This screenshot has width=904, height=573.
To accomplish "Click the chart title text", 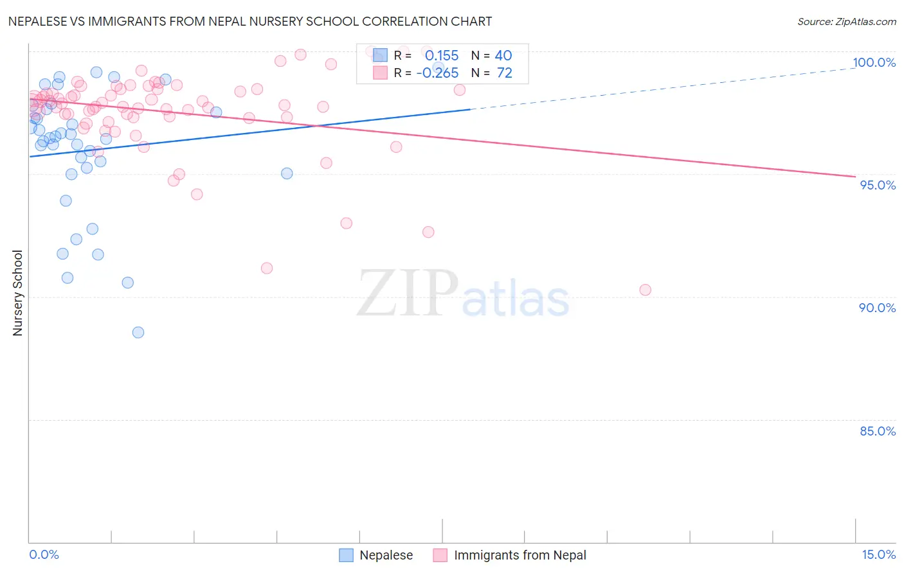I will pyautogui.click(x=250, y=21).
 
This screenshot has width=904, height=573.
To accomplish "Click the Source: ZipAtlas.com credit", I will pyautogui.click(x=846, y=22).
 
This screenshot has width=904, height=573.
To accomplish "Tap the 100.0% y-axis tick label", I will pyautogui.click(x=874, y=62).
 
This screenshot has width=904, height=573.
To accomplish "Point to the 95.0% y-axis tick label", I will pyautogui.click(x=878, y=185).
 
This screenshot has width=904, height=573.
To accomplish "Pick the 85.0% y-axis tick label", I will pyautogui.click(x=878, y=431).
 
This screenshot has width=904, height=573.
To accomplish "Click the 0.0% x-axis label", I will pyautogui.click(x=44, y=554).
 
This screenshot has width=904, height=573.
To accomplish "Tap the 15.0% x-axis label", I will pyautogui.click(x=878, y=554).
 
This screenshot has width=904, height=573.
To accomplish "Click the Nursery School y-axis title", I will pyautogui.click(x=18, y=293).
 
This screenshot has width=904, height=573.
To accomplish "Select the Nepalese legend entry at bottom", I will pyautogui.click(x=377, y=555).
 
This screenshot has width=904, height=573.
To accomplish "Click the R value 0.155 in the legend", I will pyautogui.click(x=442, y=56).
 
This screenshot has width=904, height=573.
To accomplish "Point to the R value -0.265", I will pyautogui.click(x=437, y=73).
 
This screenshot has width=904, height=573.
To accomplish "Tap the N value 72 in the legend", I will pyautogui.click(x=504, y=73).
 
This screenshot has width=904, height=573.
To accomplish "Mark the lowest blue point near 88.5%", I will pyautogui.click(x=138, y=332).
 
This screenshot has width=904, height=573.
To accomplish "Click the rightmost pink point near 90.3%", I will pyautogui.click(x=645, y=290).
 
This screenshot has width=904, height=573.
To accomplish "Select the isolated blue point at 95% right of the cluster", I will pyautogui.click(x=287, y=173).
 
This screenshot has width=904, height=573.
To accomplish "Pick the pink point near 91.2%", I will pyautogui.click(x=267, y=268).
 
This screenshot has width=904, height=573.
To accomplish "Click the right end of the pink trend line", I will pyautogui.click(x=854, y=176).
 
